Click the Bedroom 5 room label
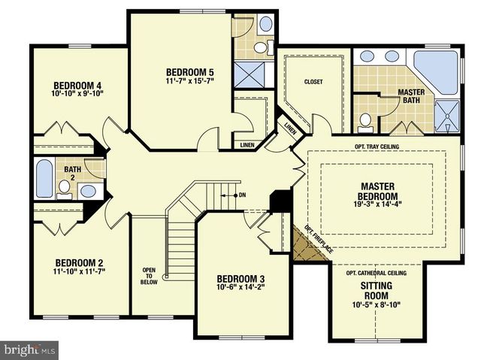[x=190, y=72]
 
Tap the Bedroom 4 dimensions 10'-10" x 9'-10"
[x=77, y=93]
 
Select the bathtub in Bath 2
[x=44, y=178]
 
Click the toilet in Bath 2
[x=65, y=189]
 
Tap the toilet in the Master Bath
[x=366, y=123]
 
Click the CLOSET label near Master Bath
[x=313, y=82]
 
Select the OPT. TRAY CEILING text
[x=377, y=147]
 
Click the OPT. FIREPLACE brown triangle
[x=305, y=245]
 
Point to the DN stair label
[x=242, y=195]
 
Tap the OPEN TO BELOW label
[x=149, y=276]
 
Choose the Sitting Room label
[x=376, y=291]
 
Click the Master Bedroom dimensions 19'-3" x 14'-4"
[x=377, y=204]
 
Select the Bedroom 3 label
[x=240, y=279]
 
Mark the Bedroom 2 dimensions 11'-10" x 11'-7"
[x=79, y=271]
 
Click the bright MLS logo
[x=29, y=349]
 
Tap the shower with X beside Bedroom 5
[x=249, y=75]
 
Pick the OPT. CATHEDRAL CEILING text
[x=376, y=273]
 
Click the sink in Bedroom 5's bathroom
[x=265, y=23]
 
